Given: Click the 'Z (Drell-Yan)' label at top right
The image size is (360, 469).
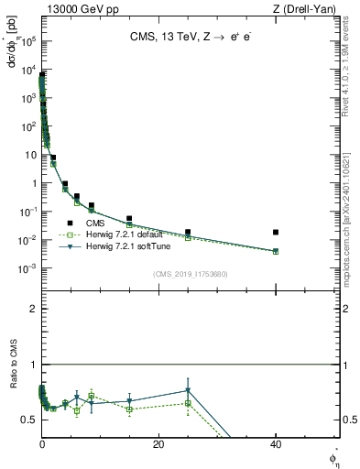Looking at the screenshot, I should tap(309, 9).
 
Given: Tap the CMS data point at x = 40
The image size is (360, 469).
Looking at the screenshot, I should tap(276, 233).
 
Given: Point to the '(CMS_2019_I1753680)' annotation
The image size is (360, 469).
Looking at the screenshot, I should tap(190, 274).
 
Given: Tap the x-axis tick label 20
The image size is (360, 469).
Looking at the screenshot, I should tap(158, 444).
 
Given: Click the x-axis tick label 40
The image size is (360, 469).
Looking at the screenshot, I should tap(276, 444).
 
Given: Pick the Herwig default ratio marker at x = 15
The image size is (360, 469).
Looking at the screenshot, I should tap(129, 409).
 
